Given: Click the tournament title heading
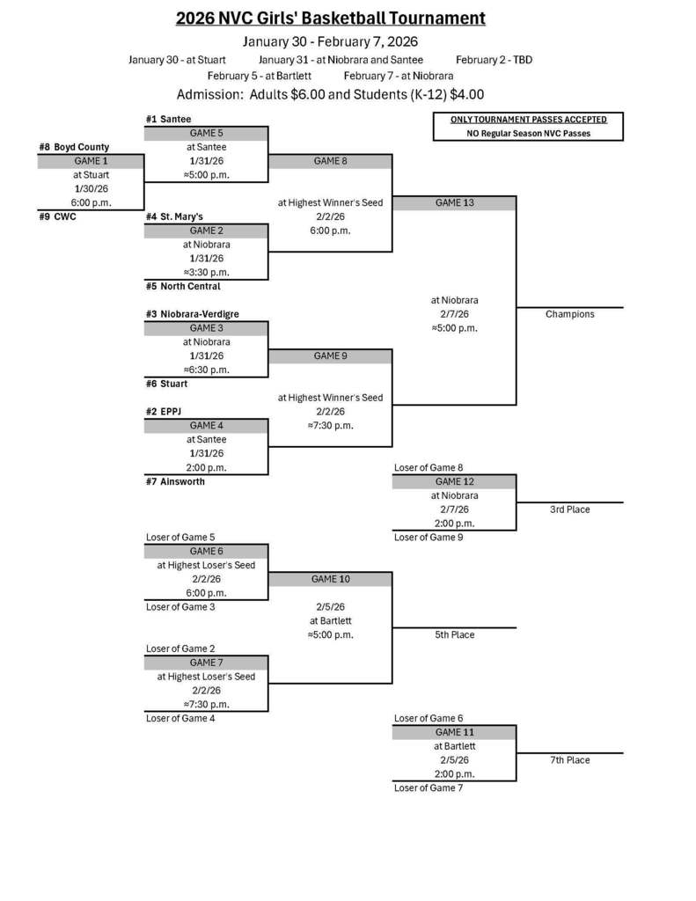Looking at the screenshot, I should pos(330,18).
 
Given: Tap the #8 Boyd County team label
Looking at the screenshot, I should pos(74,147).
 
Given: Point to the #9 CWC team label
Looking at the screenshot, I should pos(57,216).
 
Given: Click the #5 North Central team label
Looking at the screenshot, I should pos(183,286).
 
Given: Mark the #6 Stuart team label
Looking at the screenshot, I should pos(166,384).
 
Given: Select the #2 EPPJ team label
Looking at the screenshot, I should pos(165,411).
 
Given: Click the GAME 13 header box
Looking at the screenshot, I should pos(454,203).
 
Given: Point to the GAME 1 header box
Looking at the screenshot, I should pos(91,161).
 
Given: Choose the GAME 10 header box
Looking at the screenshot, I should pos(330,580).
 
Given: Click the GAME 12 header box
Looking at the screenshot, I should pos(454,482).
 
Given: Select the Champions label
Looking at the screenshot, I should pos(569,314).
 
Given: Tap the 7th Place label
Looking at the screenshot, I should pos(569,760).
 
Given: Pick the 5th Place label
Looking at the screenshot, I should pos(454,634).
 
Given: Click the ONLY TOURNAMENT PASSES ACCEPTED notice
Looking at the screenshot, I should pos(528,120).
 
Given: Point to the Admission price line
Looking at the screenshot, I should pos(330,95).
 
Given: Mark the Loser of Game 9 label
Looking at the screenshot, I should pos(429,537).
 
